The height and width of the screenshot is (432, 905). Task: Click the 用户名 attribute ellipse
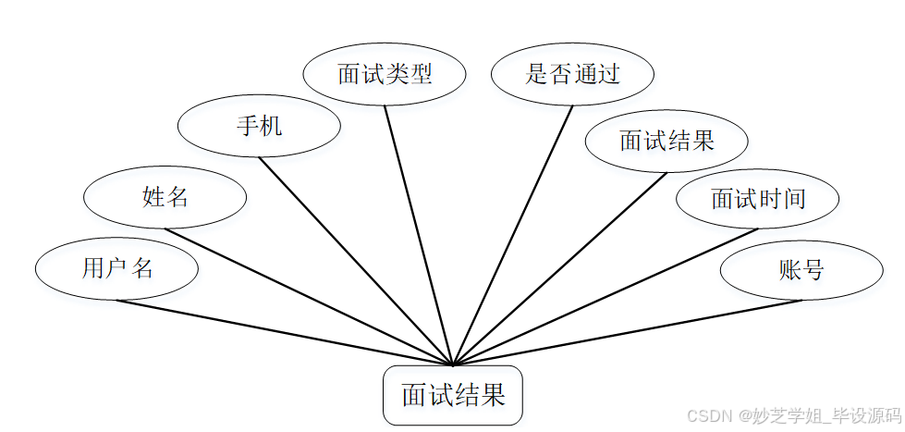(116, 269)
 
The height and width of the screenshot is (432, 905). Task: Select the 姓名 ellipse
(165, 197)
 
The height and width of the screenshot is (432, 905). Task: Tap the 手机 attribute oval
(259, 126)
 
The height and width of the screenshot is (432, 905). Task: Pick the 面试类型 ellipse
(385, 74)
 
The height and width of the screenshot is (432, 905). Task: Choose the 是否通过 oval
(572, 74)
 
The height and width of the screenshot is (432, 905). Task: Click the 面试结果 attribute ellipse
(667, 141)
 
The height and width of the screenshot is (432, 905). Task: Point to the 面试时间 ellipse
(757, 198)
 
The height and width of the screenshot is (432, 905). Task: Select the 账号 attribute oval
(801, 270)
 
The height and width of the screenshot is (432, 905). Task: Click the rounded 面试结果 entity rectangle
(453, 396)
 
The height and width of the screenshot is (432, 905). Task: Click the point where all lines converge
(453, 364)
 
